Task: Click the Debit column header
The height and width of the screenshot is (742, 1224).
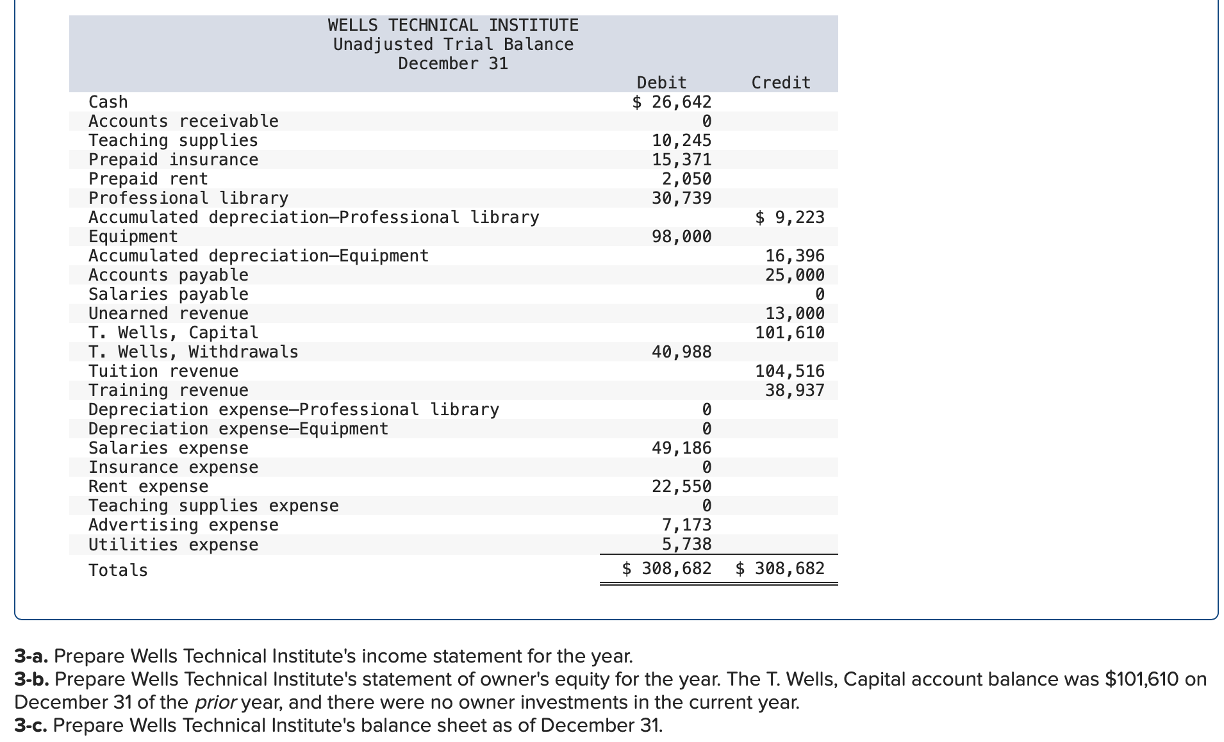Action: pyautogui.click(x=661, y=83)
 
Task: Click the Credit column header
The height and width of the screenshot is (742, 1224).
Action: pyautogui.click(x=781, y=83)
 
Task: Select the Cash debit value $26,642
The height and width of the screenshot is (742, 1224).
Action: pyautogui.click(x=672, y=102)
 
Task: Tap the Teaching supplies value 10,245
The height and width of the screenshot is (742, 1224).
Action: pyautogui.click(x=681, y=140)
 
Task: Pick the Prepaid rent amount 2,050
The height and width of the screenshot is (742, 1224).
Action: pyautogui.click(x=686, y=179)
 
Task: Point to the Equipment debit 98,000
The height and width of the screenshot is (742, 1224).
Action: pyautogui.click(x=681, y=236)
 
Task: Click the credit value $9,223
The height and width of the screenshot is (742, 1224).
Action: pyautogui.click(x=790, y=217)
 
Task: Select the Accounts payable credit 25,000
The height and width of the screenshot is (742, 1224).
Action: pyautogui.click(x=795, y=275)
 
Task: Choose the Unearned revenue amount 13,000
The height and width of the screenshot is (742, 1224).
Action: pyautogui.click(x=795, y=313)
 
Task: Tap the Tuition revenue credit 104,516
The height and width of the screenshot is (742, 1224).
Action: pyautogui.click(x=790, y=371)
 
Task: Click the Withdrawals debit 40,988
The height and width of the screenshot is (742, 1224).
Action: pyautogui.click(x=681, y=352)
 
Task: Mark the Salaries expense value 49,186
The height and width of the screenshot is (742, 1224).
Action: pyautogui.click(x=681, y=448)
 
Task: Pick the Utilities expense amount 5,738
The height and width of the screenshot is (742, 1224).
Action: pyautogui.click(x=686, y=544)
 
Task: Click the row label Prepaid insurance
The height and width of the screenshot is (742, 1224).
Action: pyautogui.click(x=173, y=160)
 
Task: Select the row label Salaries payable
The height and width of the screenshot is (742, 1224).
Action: pyautogui.click(x=168, y=294)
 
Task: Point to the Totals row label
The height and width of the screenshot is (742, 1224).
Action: pyautogui.click(x=118, y=570)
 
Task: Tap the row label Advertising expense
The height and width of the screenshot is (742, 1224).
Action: pyautogui.click(x=183, y=525)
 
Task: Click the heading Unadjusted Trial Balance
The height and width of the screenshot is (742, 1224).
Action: pyautogui.click(x=453, y=44)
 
